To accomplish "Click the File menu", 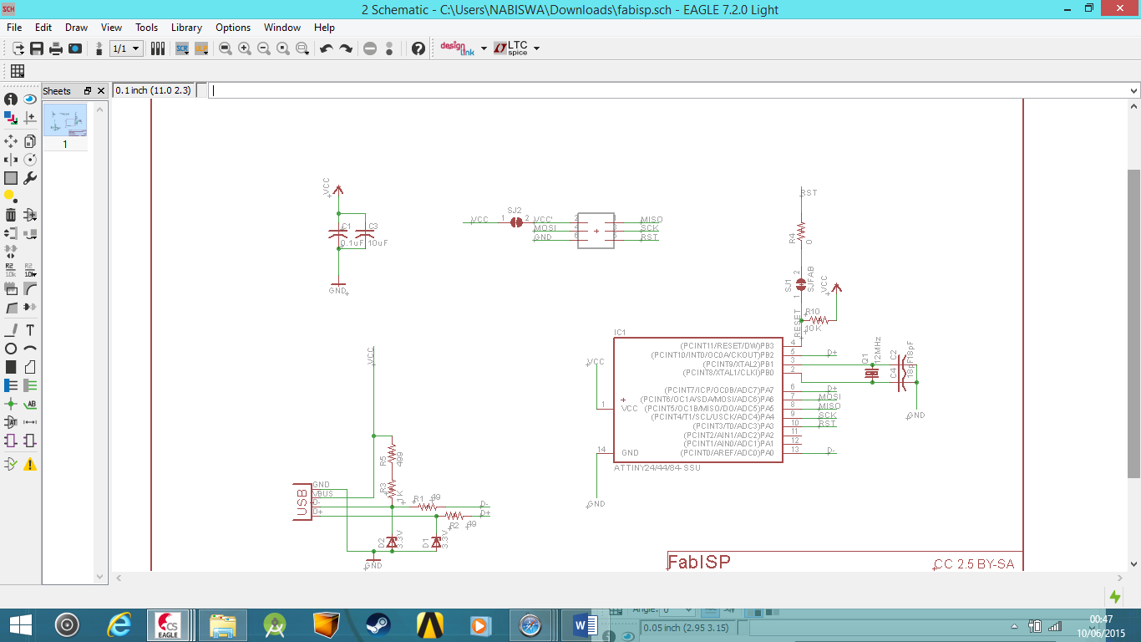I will click(14, 28).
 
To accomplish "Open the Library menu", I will click(186, 28).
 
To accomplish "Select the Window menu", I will click(282, 28).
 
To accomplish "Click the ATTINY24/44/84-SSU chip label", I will click(657, 468).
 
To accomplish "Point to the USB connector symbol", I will click(301, 502).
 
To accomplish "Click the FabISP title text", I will click(699, 562).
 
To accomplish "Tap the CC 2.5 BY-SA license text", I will click(974, 564).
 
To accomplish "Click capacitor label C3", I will click(373, 227).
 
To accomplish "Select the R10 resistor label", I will click(812, 312).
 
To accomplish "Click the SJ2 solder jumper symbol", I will click(516, 222).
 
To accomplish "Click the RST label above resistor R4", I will click(809, 193).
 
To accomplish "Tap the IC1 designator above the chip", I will click(620, 333).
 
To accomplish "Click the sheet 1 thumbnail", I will click(65, 121).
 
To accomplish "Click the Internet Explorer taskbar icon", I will click(120, 624).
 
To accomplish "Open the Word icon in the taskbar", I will click(586, 624).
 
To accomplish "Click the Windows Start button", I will click(20, 624).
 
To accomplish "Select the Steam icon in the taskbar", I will click(378, 624).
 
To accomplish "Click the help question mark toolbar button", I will click(418, 48).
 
